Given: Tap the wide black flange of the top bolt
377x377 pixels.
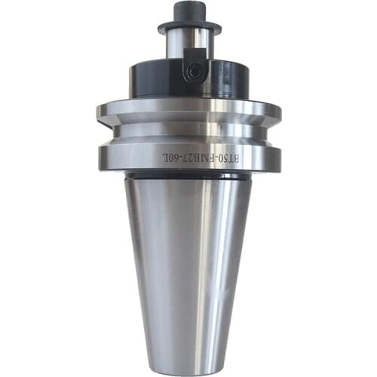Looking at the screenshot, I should coord(189,26).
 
